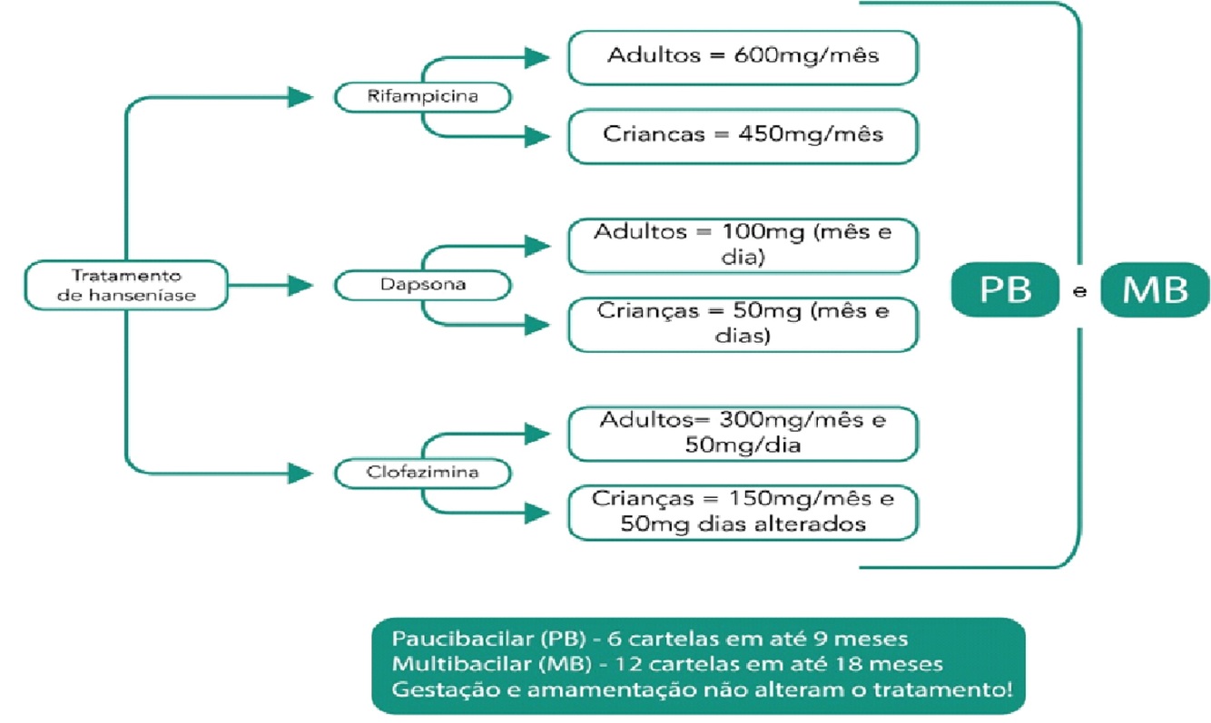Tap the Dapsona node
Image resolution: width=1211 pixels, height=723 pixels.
tap(421, 285)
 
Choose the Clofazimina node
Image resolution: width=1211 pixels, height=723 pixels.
tap(421, 474)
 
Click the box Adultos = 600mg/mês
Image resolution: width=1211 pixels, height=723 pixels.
tap(743, 56)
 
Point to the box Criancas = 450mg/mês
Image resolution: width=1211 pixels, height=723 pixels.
tap(743, 135)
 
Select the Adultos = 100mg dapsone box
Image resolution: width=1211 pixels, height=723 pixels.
tap(743, 245)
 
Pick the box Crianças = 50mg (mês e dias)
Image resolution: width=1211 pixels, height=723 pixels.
tap(743, 324)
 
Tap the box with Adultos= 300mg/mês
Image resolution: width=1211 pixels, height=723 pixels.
tap(743, 434)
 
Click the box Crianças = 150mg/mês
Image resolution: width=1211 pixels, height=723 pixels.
tap(743, 513)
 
